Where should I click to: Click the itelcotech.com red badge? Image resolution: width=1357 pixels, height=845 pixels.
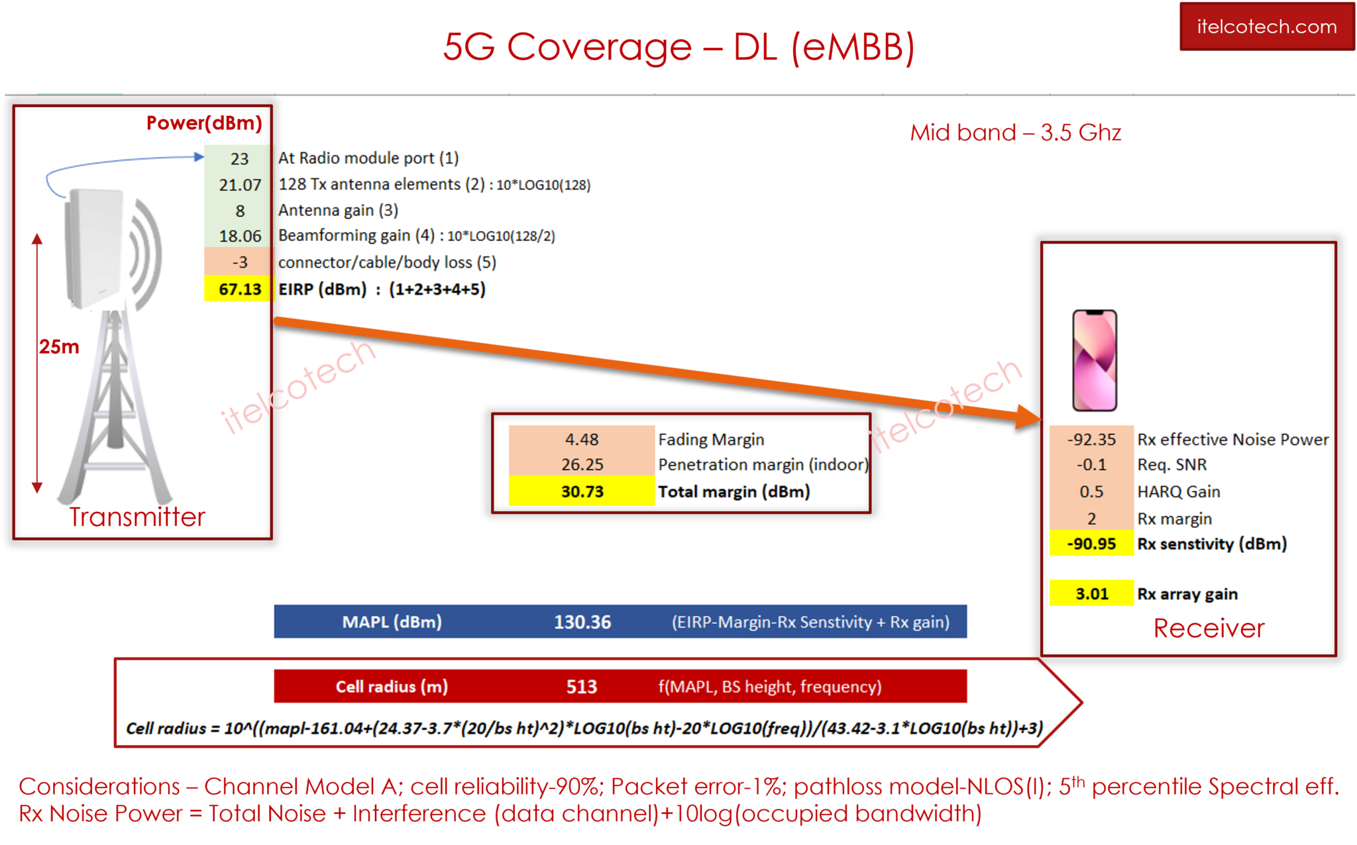[1266, 26]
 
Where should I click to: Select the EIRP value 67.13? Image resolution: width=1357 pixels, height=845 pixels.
[240, 289]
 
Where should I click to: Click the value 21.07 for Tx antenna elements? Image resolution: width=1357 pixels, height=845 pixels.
[240, 185]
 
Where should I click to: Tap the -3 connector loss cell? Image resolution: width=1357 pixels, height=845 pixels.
[240, 262]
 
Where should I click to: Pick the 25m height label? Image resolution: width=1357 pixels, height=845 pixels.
[59, 346]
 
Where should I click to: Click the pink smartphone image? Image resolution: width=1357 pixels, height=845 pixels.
[1095, 360]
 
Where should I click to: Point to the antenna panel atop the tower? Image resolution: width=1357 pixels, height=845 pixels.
[95, 248]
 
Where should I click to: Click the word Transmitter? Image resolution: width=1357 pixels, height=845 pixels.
[137, 517]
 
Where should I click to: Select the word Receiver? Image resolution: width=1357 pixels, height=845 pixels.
[1209, 628]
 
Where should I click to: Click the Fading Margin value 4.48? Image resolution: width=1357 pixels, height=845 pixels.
[582, 439]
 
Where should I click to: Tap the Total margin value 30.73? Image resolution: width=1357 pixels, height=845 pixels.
[582, 491]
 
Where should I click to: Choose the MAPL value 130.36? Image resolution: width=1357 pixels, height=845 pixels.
[582, 622]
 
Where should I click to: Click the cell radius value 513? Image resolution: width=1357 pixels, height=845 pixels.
[582, 687]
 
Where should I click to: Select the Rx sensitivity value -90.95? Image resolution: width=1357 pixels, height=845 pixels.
[1091, 544]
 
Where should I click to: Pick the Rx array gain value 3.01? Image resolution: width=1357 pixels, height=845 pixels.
[1091, 593]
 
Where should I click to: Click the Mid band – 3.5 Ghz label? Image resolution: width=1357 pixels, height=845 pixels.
[1015, 132]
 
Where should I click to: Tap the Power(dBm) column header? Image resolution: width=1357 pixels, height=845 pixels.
[204, 123]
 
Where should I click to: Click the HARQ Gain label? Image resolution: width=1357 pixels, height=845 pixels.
[1178, 491]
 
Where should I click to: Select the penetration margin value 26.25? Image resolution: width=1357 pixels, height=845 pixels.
[582, 465]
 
